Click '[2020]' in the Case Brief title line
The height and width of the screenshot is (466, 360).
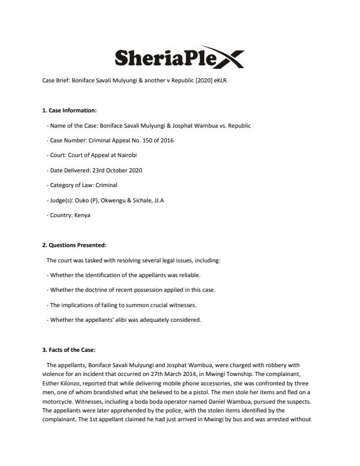tap(195, 80)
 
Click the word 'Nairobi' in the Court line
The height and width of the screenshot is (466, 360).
tap(133, 155)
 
